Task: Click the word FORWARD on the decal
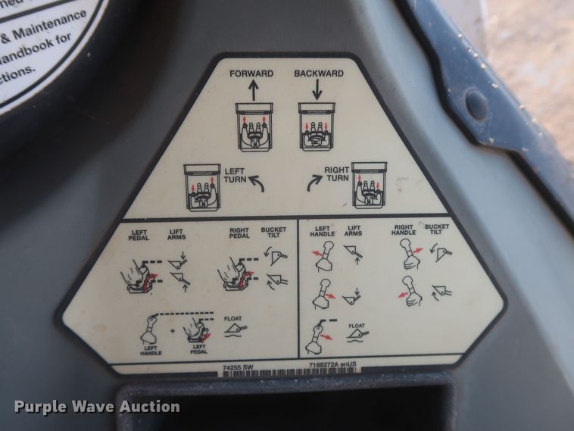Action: (x=252, y=73)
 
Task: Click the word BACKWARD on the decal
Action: (x=318, y=73)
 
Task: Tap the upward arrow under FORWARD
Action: (x=252, y=92)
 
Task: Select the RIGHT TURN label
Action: (x=336, y=176)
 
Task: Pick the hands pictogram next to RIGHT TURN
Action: (x=369, y=185)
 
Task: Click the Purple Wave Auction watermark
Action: (x=97, y=407)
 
